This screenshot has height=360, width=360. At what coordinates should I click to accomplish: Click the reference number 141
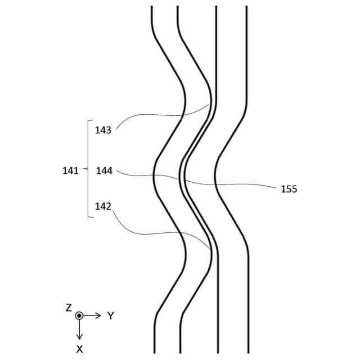click(70, 170)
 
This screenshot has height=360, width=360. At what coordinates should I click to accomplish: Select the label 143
click(103, 130)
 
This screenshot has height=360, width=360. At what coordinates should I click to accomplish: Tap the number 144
click(104, 170)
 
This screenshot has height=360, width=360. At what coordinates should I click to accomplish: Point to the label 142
click(103, 206)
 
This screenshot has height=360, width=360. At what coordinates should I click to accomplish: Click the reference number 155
click(289, 189)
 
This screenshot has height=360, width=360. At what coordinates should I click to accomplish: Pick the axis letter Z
click(69, 308)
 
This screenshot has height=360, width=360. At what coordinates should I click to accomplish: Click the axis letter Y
click(111, 316)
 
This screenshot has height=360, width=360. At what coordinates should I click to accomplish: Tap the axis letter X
click(79, 349)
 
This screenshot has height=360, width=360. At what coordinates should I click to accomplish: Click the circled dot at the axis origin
click(79, 316)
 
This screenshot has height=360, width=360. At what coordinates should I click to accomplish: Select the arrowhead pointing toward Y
click(98, 316)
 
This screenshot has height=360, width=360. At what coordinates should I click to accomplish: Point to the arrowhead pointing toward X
click(79, 336)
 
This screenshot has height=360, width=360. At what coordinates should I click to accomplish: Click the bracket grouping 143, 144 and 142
click(88, 169)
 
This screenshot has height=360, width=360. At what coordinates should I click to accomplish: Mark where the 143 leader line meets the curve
click(210, 103)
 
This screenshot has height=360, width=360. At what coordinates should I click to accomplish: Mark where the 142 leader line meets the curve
click(212, 248)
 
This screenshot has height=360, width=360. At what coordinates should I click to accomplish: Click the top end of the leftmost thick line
click(152, 7)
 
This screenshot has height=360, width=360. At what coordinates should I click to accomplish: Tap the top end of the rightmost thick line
click(247, 7)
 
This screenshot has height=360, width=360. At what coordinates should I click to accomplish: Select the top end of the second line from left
click(178, 7)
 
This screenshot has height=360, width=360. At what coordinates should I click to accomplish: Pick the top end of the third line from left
click(217, 7)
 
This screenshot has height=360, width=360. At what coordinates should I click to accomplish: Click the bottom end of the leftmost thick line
click(154, 352)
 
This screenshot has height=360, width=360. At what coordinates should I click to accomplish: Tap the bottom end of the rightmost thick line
click(248, 352)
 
